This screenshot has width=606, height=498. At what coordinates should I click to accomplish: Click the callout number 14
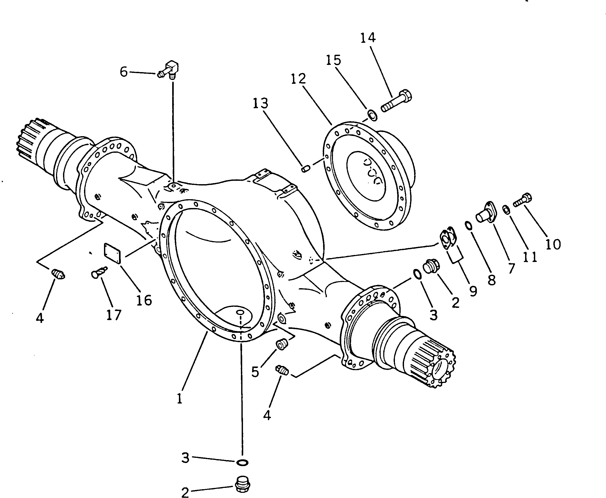pyautogui.click(x=368, y=38)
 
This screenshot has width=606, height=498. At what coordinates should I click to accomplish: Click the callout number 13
pyautogui.click(x=260, y=103)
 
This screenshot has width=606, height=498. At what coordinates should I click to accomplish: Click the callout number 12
pyautogui.click(x=298, y=79)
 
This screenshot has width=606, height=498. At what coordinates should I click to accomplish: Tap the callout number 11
pyautogui.click(x=530, y=257)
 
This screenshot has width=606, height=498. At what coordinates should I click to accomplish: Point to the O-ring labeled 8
pyautogui.click(x=468, y=225)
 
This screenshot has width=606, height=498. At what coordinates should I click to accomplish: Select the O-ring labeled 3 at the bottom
pyautogui.click(x=242, y=462)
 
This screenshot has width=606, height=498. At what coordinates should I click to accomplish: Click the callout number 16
pyautogui.click(x=144, y=300)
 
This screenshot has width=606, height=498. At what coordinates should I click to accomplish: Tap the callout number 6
pyautogui.click(x=124, y=72)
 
